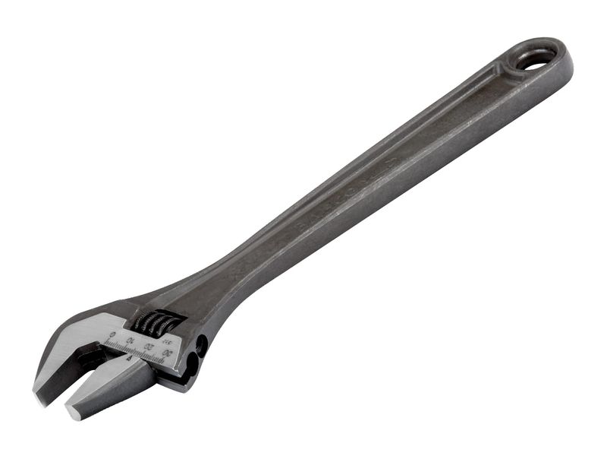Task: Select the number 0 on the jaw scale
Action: pos(112,334)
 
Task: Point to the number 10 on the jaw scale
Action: pos(131,340)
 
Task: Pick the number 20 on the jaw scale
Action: pos(149,347)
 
